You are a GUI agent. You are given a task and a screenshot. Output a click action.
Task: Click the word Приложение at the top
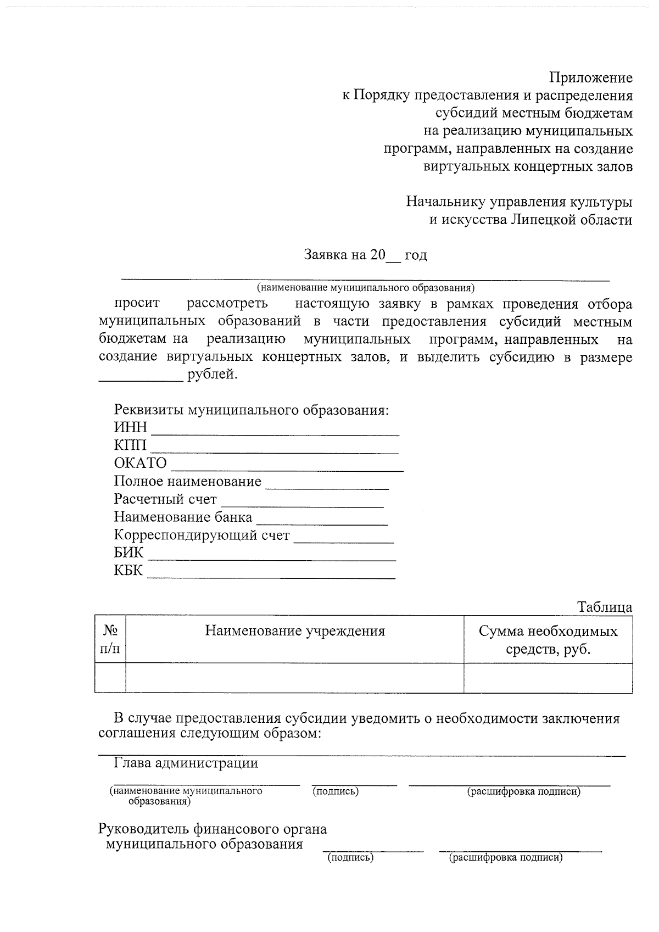pos(591,77)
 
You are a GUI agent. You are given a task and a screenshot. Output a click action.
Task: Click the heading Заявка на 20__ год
pos(365,255)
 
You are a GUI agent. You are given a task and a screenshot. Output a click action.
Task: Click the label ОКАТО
pos(140,463)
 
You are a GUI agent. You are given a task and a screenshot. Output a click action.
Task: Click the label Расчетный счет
pos(165,499)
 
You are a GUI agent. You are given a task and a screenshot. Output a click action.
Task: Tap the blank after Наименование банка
pos(322,522)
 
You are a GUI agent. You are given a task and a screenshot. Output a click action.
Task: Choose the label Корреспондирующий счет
pos(202,535)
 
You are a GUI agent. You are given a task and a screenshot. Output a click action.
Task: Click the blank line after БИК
pos(272,557)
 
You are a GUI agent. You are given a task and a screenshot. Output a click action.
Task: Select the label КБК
pos(128,571)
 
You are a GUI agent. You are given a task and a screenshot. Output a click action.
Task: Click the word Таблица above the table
pos(605,607)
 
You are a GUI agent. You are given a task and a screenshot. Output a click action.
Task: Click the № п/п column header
pos(110,639)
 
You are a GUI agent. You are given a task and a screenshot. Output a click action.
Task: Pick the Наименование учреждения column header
pos(295,631)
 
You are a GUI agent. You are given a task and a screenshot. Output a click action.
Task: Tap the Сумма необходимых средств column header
pos(548,640)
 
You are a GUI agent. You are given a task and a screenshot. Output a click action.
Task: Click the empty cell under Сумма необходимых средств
pos(548,678)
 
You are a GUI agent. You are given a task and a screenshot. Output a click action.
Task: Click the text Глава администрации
pos(186,763)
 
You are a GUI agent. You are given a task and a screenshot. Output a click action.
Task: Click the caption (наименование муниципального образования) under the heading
pos(365,287)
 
